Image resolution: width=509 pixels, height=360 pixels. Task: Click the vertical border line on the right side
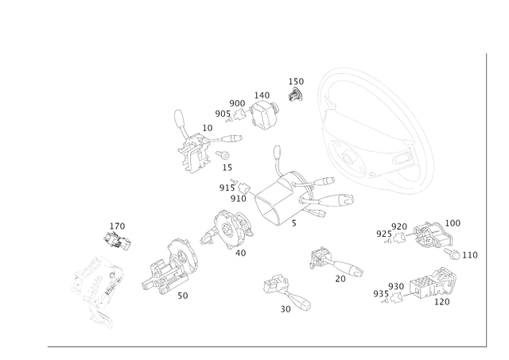point(484,199)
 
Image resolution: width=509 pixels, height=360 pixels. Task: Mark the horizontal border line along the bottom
point(262,347)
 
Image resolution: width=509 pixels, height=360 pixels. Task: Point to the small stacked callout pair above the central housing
point(296,88)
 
